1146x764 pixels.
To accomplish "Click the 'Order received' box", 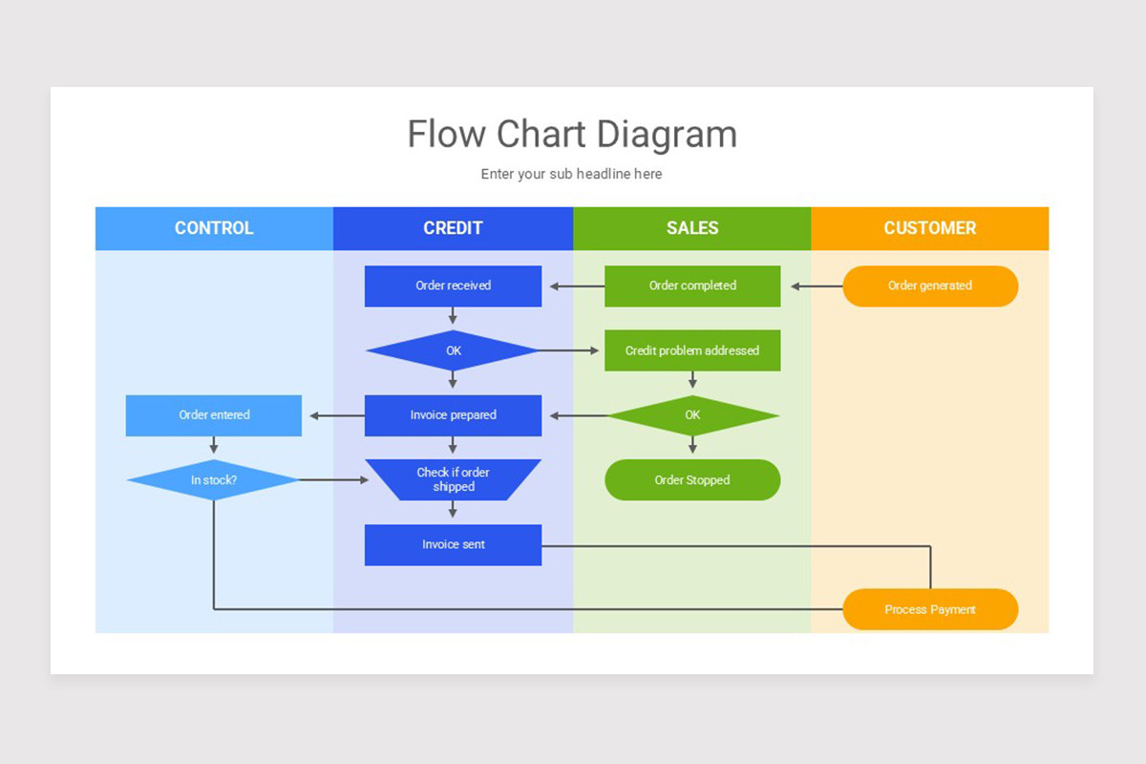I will pos(453,286).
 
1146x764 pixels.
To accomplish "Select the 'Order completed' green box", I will pos(692,286).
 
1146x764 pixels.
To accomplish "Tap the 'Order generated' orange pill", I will pos(930,286).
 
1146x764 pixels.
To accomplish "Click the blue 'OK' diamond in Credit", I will pos(453,350).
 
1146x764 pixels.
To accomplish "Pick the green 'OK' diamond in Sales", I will pos(692,415).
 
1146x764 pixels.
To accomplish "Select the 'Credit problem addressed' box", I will pos(692,350).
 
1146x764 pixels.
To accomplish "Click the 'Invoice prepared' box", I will pos(453,415).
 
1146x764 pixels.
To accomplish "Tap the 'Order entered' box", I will pos(214,415).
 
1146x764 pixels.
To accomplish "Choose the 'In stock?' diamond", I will pos(214,480).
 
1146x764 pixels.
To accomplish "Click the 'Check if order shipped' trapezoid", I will pos(453,479).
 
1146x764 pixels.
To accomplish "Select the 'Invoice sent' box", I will pos(453,544).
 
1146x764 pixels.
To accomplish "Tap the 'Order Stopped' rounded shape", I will pos(692,480).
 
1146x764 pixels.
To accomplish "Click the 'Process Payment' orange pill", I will pos(930,609).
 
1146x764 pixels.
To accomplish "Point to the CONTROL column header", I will pos(214,228).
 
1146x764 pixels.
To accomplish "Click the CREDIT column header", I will pos(453,228).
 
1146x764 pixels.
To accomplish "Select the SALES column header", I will pos(692,228).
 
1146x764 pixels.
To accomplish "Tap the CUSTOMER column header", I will pos(930,228).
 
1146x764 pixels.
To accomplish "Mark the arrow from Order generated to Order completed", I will pos(812,286).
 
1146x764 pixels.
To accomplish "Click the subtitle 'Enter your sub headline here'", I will pos(571,174).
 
